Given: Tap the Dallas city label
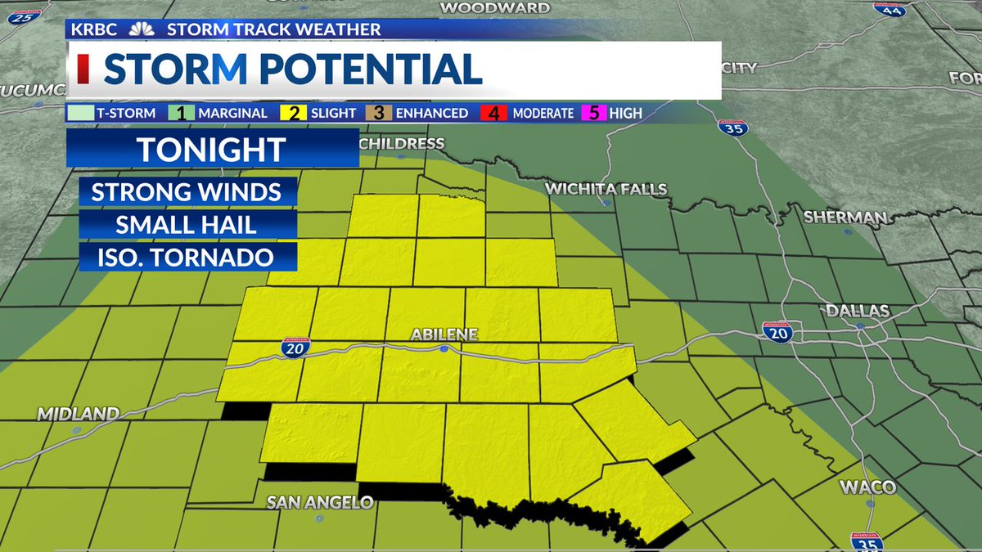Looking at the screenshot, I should tap(858, 312).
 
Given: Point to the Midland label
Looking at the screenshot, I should tap(78, 415).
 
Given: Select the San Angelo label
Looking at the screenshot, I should tap(320, 502).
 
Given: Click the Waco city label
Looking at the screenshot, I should tap(867, 487).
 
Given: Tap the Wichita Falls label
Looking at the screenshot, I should tap(606, 190).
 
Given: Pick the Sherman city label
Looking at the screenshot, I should tap(845, 218).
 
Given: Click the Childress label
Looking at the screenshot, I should tap(401, 144).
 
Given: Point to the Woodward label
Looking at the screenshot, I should tap(494, 8).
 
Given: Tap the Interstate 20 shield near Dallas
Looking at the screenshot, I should tap(777, 331).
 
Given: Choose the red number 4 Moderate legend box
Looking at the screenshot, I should tap(493, 113).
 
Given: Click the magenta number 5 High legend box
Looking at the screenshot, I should tap(595, 113).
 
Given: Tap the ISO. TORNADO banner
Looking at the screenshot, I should tap(188, 257).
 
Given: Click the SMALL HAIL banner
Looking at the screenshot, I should tap(188, 225).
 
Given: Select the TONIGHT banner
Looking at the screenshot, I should tap(211, 150).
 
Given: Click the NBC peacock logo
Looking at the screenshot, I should tap(142, 29).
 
